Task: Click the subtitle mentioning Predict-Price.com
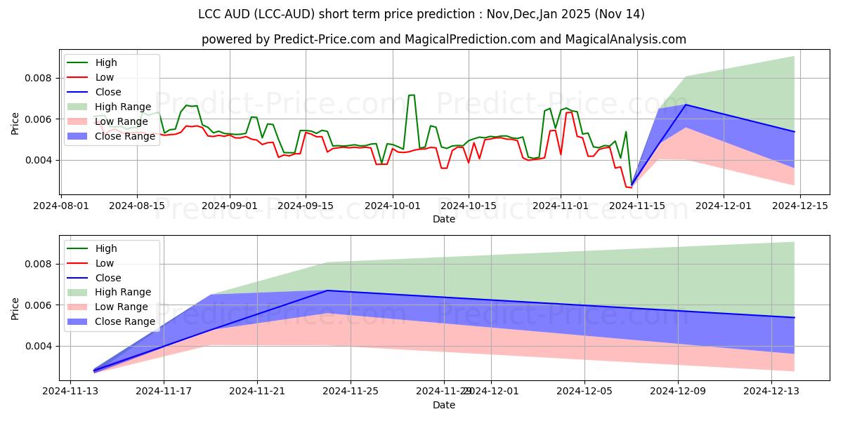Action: (444, 39)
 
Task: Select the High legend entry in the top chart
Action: (106, 63)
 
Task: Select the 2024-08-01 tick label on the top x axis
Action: (61, 206)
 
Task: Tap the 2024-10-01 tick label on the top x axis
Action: (393, 206)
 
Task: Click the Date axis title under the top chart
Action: (444, 219)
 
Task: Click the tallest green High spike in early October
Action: (412, 95)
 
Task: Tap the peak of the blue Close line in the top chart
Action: (686, 105)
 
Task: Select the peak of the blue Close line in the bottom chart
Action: (327, 290)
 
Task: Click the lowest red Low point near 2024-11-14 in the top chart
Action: (629, 187)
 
